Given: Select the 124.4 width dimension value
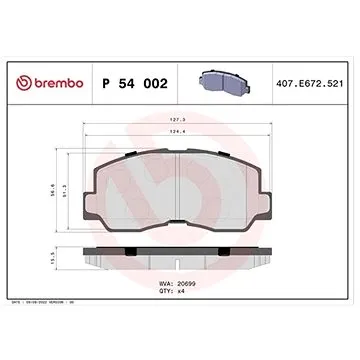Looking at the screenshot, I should point(177,134).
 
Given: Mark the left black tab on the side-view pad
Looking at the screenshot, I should point(98,249).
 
